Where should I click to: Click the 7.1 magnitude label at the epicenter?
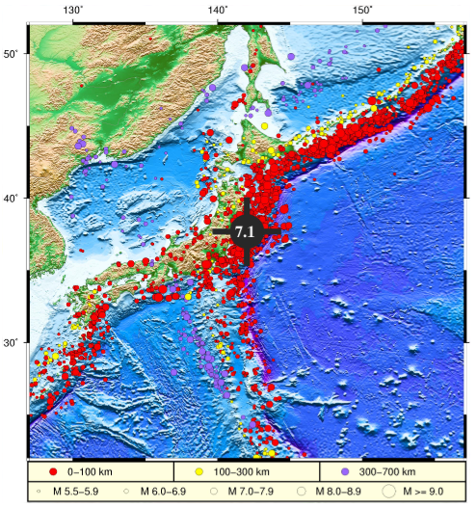pos(245,231)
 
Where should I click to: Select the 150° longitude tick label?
pos(362,11)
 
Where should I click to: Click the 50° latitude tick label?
pos(12,53)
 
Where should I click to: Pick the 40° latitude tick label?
pos(12,198)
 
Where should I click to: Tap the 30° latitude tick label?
pos(12,343)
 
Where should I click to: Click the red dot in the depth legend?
pos(54,471)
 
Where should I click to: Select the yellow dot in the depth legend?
pos(199,471)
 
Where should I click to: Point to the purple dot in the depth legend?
pos(345,471)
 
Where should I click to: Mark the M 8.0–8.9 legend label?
pos(333,492)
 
